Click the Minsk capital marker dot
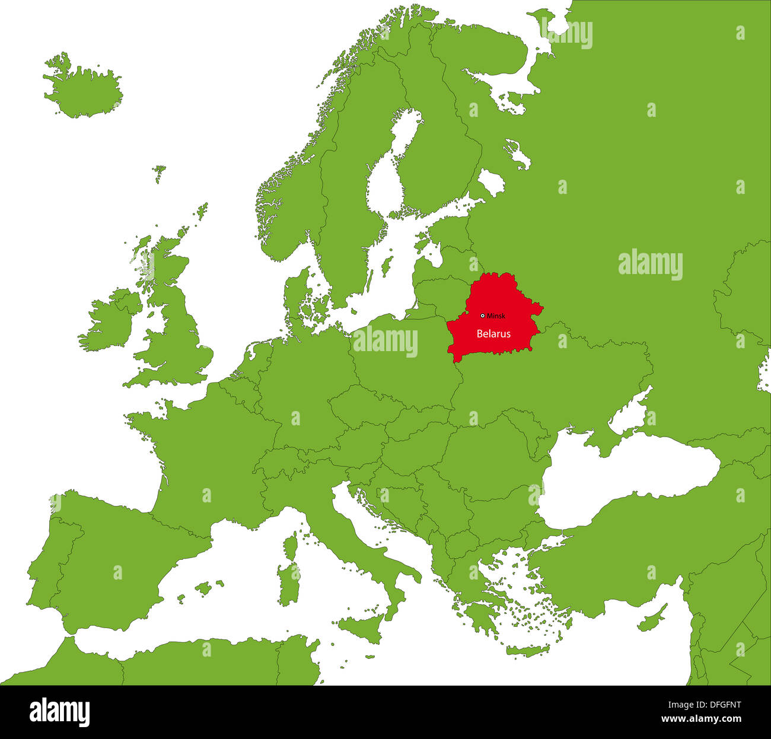[482, 316]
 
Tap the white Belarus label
[493, 334]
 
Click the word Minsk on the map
[496, 316]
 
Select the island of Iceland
[83, 89]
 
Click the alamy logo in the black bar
[59, 712]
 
